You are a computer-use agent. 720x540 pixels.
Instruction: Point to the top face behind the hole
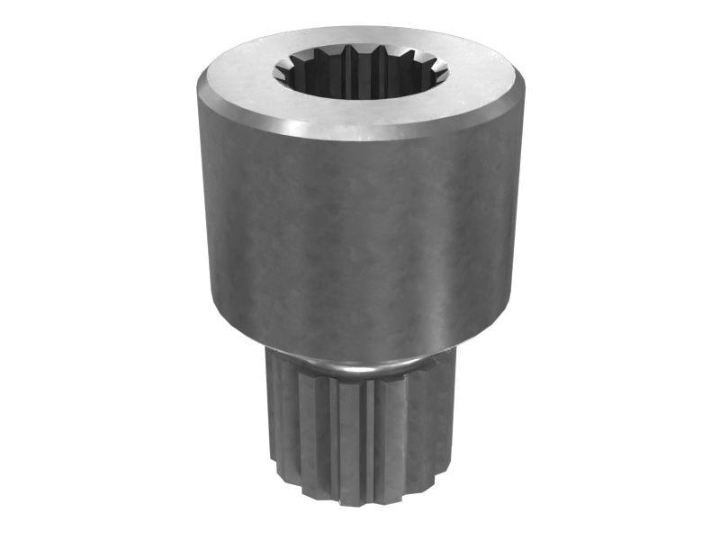pyautogui.click(x=360, y=38)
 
